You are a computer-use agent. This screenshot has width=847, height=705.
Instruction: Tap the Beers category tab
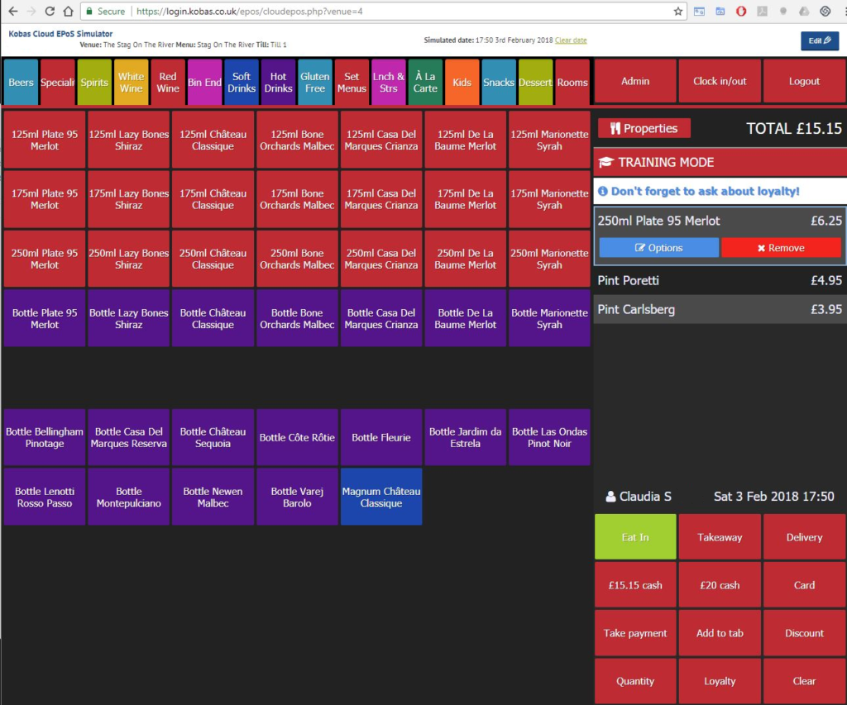coord(21,82)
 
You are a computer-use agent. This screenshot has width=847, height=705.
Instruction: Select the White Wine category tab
coord(131,82)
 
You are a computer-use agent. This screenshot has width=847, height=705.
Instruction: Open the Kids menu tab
coord(462,82)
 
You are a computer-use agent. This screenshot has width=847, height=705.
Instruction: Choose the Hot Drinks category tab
coord(278,82)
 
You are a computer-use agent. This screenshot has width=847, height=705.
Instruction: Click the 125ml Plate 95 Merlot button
coord(45,140)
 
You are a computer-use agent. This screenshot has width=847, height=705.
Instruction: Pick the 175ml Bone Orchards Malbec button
coord(297,199)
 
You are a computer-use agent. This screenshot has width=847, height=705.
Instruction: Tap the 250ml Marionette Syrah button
coord(549,259)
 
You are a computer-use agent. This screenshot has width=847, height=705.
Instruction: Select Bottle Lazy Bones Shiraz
coord(129,318)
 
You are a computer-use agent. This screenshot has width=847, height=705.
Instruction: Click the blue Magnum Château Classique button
coord(381,497)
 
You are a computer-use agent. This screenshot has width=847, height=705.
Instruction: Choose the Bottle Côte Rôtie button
coord(297,437)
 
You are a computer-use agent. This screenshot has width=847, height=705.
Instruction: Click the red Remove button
coord(781,247)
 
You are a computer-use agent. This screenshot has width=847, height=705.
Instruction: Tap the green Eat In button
coord(635,537)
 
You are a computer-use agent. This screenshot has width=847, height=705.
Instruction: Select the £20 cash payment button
coord(720,585)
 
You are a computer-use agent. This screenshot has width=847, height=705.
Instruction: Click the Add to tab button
coord(720,633)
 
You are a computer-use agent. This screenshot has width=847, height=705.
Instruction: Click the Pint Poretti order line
coord(720,281)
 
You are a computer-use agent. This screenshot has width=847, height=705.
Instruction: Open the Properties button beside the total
coord(644,128)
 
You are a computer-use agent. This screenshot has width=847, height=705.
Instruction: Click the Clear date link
coord(571,40)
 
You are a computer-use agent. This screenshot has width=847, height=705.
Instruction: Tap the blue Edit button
coord(819,40)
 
